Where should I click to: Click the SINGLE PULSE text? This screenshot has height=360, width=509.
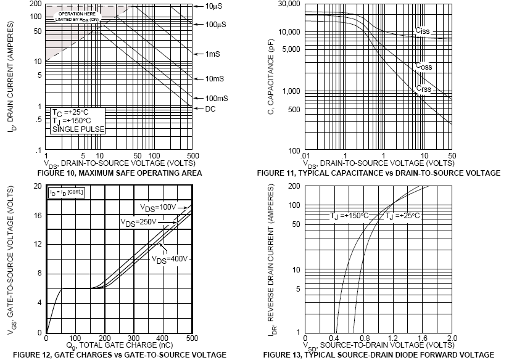(78, 129)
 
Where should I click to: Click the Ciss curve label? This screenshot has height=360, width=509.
(423, 30)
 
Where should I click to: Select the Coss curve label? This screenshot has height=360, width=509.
(424, 65)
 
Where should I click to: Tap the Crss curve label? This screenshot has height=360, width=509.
(423, 88)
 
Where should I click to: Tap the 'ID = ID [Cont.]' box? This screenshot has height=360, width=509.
(67, 193)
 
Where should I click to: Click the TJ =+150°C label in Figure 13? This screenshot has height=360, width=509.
(349, 216)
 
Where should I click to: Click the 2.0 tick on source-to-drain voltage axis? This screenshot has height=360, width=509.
(452, 338)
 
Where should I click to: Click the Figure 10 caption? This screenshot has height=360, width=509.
(107, 173)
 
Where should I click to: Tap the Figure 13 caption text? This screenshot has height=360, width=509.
(378, 354)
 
